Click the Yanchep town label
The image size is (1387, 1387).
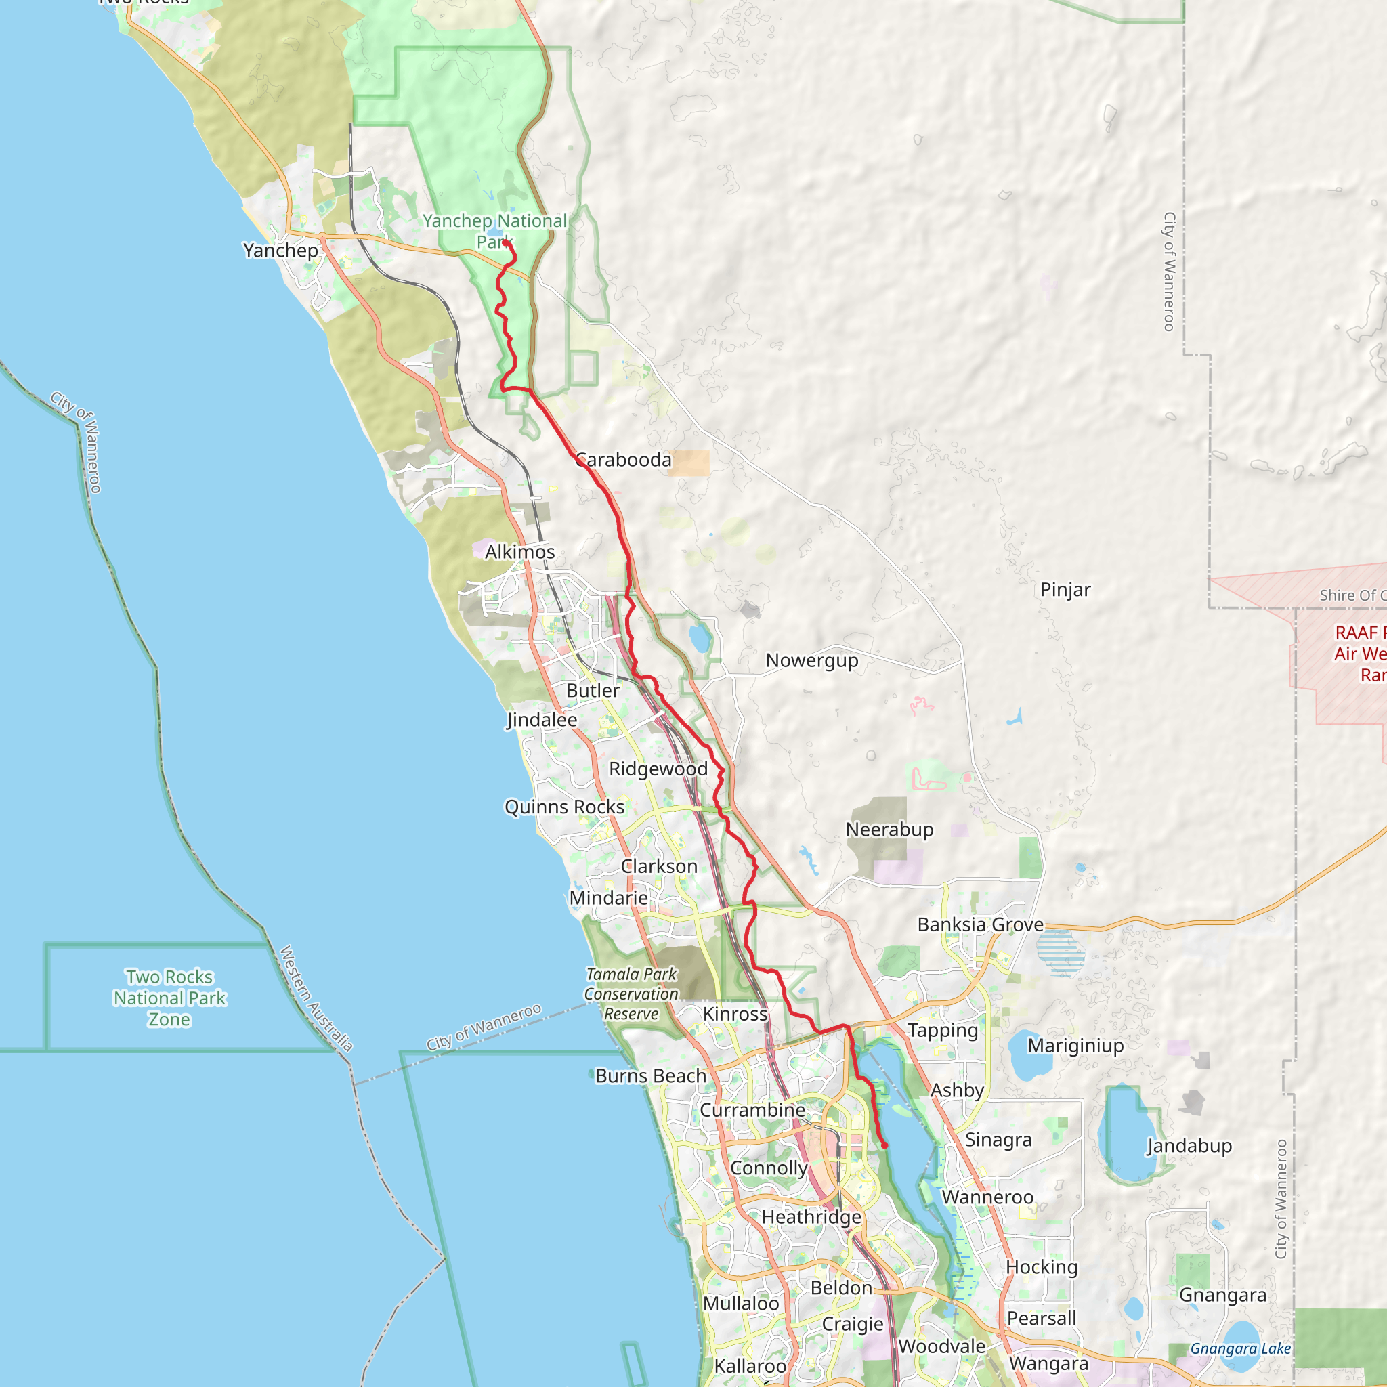click(280, 251)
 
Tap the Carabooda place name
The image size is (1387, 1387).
click(623, 460)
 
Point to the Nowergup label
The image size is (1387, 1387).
click(811, 660)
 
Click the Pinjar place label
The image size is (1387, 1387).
click(1065, 590)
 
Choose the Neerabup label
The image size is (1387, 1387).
click(889, 830)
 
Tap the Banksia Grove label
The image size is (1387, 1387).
click(980, 924)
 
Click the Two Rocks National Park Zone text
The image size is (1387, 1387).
click(169, 998)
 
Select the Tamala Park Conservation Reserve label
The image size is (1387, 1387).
click(631, 994)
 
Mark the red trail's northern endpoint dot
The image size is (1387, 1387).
click(505, 242)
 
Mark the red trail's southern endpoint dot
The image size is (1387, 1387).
click(884, 1146)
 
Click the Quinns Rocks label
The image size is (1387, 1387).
click(564, 808)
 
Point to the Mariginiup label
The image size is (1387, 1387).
click(1075, 1046)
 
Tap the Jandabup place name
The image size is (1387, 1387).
click(1189, 1146)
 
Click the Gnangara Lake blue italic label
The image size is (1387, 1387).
click(1241, 1349)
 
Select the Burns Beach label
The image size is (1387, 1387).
click(650, 1076)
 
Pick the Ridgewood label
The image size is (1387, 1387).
click(658, 769)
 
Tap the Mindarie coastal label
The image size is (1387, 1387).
click(608, 899)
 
